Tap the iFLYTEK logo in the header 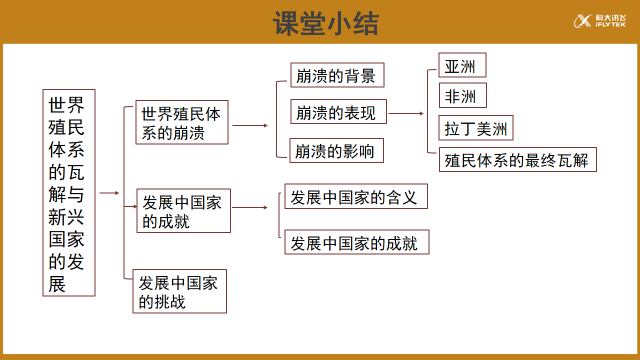(599, 21)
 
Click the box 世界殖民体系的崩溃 (181, 124)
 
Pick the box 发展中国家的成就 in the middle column (181, 211)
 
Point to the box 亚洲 (463, 67)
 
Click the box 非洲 (463, 96)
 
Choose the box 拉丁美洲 (477, 129)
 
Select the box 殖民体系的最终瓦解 (516, 159)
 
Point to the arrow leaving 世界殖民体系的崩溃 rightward (250, 125)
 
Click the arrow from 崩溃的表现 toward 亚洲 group (410, 113)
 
